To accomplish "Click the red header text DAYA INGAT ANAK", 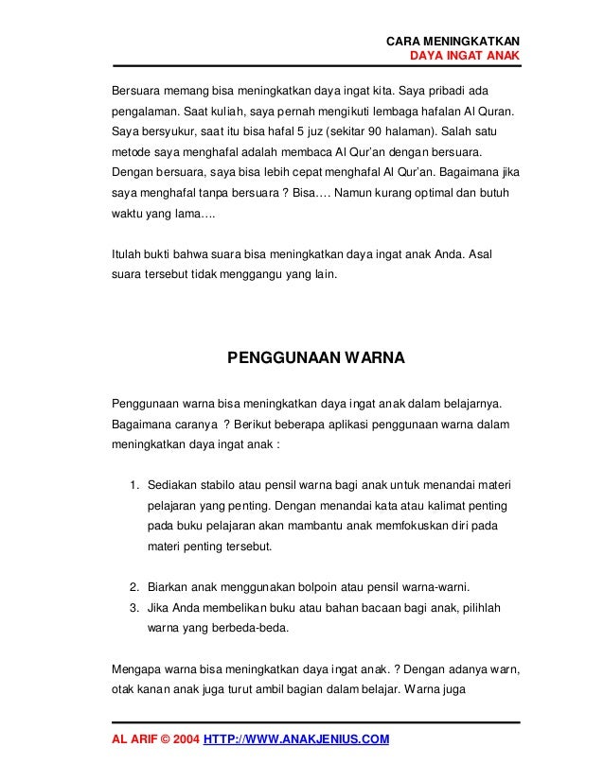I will coord(464,56).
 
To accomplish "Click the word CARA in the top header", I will coord(404,41).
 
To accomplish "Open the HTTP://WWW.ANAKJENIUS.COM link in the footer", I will coord(297,738).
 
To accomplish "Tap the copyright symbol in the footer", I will coord(159,738).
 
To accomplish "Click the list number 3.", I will coord(134,606).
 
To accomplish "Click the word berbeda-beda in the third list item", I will coord(243,626).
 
